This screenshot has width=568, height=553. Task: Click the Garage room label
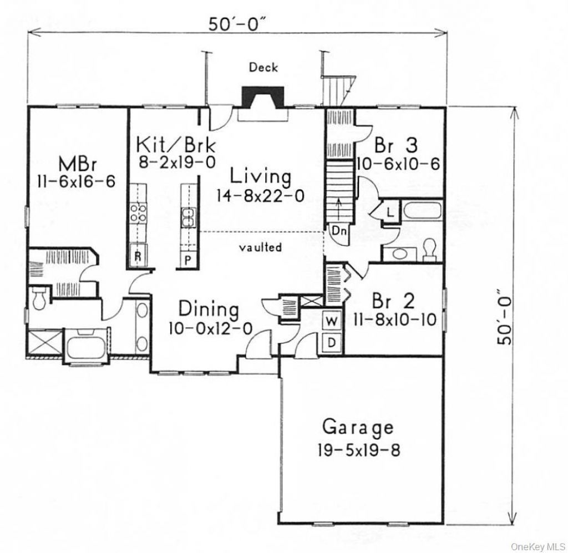coord(358,427)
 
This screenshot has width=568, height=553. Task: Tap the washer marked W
coord(332,321)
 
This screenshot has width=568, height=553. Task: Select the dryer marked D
coord(332,342)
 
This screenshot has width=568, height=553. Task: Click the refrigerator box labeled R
coord(138,255)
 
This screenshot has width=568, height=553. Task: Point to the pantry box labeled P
coord(188,259)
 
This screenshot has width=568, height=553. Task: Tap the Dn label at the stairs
coord(339,231)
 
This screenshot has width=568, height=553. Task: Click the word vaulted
coord(261,247)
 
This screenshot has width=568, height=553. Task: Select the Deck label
coord(263,67)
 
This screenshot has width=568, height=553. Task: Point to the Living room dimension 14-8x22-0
coord(261,196)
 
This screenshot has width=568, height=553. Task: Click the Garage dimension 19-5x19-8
coord(359,451)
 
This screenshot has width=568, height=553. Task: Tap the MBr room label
coord(78,164)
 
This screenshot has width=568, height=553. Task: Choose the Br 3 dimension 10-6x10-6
coord(398,164)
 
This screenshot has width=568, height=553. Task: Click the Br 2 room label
coord(393,300)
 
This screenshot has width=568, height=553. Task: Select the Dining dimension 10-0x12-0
coord(210,328)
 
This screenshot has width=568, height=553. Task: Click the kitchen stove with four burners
coord(138,213)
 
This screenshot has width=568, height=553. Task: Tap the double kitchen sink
coord(189,217)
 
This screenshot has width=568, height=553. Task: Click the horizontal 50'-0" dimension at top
coord(237,24)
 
